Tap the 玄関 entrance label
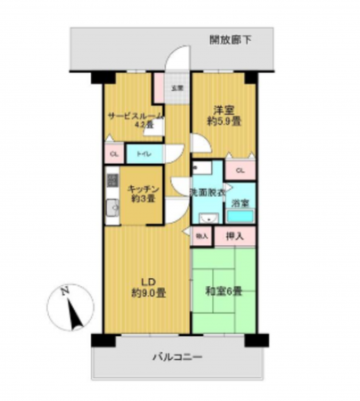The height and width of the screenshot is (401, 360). tap(177, 87)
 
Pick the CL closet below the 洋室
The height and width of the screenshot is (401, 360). tap(241, 170)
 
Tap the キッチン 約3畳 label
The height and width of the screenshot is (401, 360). tap(143, 193)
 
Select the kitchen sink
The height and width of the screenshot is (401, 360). tap(113, 210)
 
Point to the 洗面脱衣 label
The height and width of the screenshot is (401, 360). tap(206, 192)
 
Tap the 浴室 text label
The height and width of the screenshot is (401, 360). tap(241, 203)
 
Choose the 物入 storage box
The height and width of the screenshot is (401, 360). tap(201, 236)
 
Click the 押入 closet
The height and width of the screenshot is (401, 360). tap(234, 236)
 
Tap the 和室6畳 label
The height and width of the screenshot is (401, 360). tap(225, 291)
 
